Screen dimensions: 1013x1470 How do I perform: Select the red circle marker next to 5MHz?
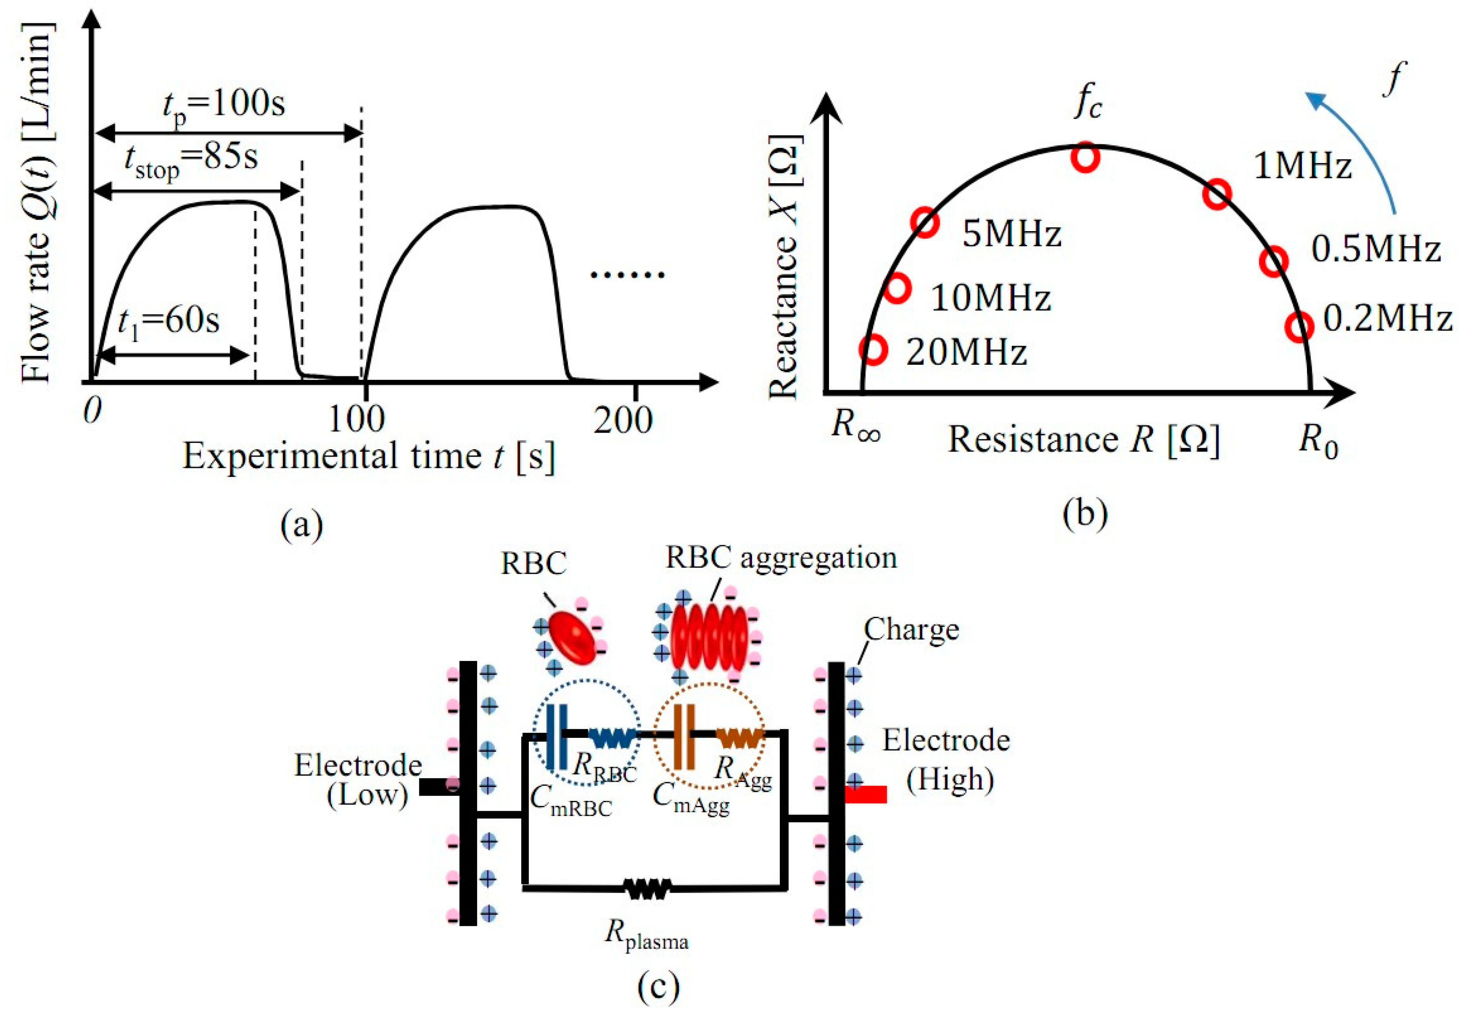click(x=925, y=222)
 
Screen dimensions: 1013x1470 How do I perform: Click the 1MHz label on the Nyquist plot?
click(x=1302, y=166)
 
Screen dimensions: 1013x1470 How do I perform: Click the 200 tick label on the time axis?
click(x=623, y=420)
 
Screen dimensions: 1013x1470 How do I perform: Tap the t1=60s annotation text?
click(x=168, y=322)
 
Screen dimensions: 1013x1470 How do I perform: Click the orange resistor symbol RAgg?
click(x=739, y=737)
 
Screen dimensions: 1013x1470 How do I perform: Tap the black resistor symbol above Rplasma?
click(x=647, y=889)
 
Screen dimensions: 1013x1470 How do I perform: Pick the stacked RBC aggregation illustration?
click(x=708, y=635)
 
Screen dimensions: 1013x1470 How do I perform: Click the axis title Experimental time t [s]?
click(x=368, y=456)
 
